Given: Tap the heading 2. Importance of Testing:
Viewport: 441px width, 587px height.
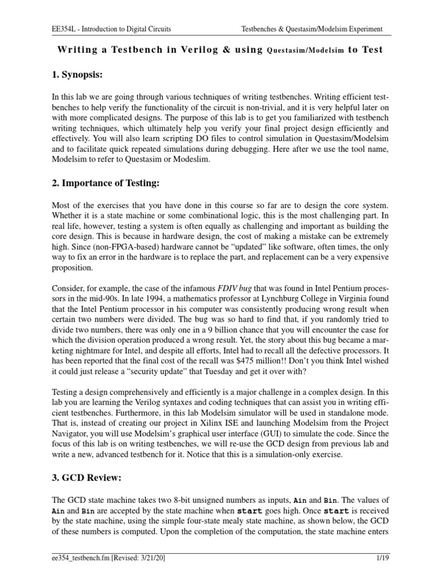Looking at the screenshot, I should click(105, 183).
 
